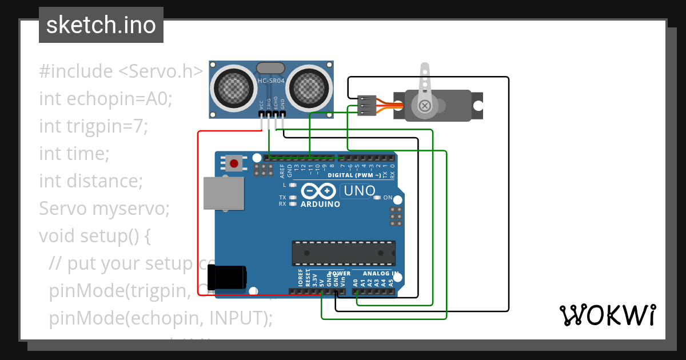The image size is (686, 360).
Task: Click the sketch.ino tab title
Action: (x=101, y=25)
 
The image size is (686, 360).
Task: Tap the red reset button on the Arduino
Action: (x=234, y=163)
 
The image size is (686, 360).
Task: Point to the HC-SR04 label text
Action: (x=271, y=81)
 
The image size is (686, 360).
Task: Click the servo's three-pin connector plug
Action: (x=366, y=106)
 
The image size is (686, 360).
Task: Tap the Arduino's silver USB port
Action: (x=224, y=193)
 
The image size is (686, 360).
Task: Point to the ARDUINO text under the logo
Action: (x=320, y=204)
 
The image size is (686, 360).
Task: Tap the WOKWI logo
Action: (x=607, y=315)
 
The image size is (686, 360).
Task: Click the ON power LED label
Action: (x=388, y=198)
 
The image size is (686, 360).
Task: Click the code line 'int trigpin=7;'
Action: (x=93, y=126)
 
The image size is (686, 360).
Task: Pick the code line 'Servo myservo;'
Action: (x=104, y=209)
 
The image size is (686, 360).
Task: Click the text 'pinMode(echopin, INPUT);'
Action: (x=161, y=318)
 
